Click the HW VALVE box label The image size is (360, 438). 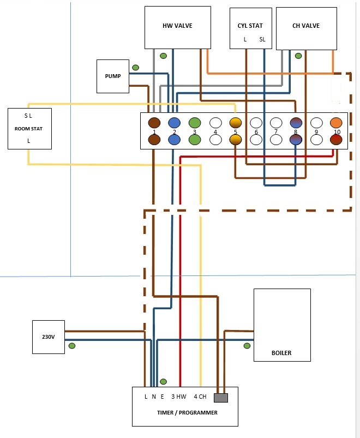click(x=177, y=26)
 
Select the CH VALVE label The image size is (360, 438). click(x=305, y=26)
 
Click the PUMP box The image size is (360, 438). click(x=112, y=76)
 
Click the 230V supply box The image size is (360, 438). click(x=49, y=337)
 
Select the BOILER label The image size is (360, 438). click(x=281, y=353)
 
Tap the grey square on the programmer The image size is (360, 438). click(x=221, y=398)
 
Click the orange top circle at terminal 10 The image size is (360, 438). click(x=336, y=123)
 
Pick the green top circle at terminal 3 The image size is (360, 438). click(x=195, y=123)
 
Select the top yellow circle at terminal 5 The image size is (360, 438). click(x=235, y=123)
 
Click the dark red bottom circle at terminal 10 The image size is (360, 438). click(x=336, y=140)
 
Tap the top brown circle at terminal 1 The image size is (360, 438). click(x=154, y=123)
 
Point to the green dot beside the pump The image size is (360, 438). click(x=135, y=68)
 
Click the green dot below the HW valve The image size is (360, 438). click(x=163, y=56)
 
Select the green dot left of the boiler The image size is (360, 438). click(x=247, y=346)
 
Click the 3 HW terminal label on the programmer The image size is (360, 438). click(x=179, y=397)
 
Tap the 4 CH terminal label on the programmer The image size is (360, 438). click(x=200, y=397)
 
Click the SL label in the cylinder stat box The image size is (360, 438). click(x=262, y=39)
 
